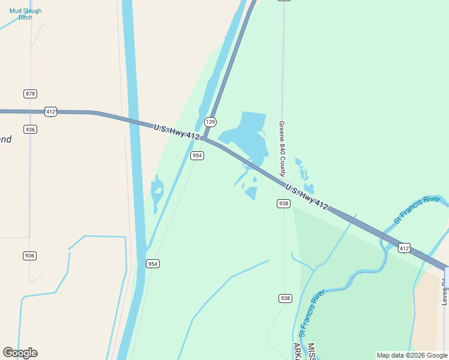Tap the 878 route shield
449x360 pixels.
click(30, 94)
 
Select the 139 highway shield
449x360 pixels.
click(210, 121)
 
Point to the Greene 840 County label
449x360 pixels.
click(282, 149)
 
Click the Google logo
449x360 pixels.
click(20, 353)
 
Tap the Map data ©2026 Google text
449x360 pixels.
click(412, 355)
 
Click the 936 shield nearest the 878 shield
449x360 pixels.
click(30, 129)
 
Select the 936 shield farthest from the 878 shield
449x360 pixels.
click(30, 256)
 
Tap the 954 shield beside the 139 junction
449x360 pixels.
click(197, 155)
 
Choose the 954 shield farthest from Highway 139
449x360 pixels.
click(153, 263)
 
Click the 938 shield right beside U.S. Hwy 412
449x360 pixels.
click(284, 203)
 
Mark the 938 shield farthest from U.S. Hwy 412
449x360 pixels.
click(285, 298)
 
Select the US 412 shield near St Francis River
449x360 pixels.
click(404, 248)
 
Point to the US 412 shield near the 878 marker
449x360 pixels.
click(50, 112)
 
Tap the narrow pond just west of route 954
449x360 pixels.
click(157, 192)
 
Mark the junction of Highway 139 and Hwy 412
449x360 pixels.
click(204, 139)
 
